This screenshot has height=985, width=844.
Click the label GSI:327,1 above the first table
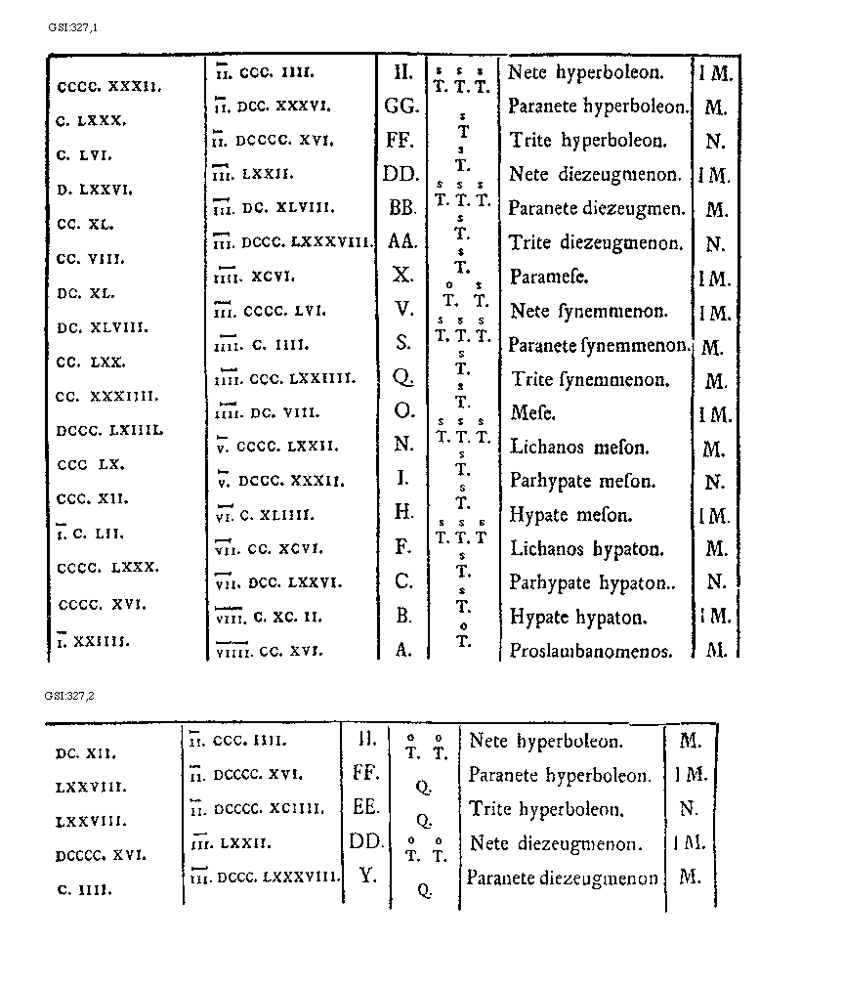[71, 27]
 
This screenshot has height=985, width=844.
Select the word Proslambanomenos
[592, 650]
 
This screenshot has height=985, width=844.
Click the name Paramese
[549, 277]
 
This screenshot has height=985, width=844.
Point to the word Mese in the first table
[533, 413]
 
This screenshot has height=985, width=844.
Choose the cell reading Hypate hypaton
[578, 617]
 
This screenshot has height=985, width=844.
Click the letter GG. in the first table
[401, 106]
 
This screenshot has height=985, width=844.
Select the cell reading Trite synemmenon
[589, 379]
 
